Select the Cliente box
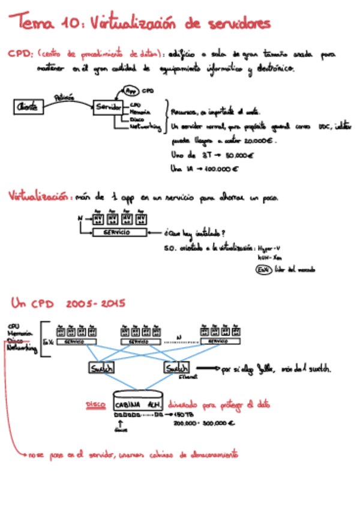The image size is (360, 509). (x=28, y=107)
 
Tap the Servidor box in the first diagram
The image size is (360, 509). (x=109, y=106)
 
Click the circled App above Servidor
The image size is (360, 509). (x=132, y=91)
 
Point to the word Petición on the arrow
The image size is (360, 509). (x=65, y=96)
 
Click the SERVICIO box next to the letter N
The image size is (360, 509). (x=120, y=232)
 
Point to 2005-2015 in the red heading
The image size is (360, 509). (x=92, y=303)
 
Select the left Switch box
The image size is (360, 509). (x=101, y=369)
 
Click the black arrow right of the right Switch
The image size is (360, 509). (x=207, y=368)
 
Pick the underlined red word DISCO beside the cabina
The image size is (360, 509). (x=96, y=405)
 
